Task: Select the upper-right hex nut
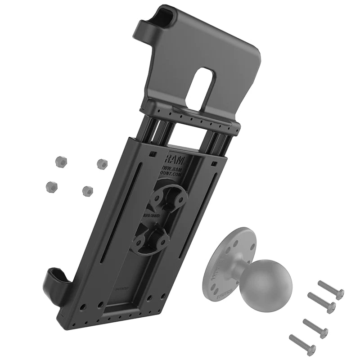point(102,164)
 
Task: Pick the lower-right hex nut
point(87,190)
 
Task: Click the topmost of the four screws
point(331,290)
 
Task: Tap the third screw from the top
point(315,328)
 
